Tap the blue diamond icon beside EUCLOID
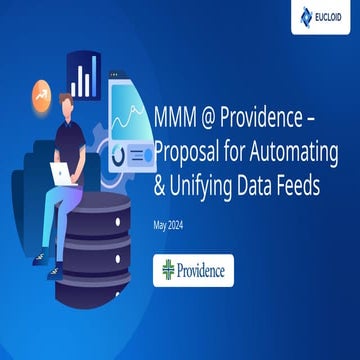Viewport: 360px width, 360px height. pyautogui.click(x=307, y=16)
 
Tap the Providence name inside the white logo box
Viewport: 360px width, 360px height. pyautogui.click(x=203, y=270)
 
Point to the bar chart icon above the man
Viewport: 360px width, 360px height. pyautogui.click(x=83, y=75)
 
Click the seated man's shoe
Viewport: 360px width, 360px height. pyautogui.click(x=40, y=257)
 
